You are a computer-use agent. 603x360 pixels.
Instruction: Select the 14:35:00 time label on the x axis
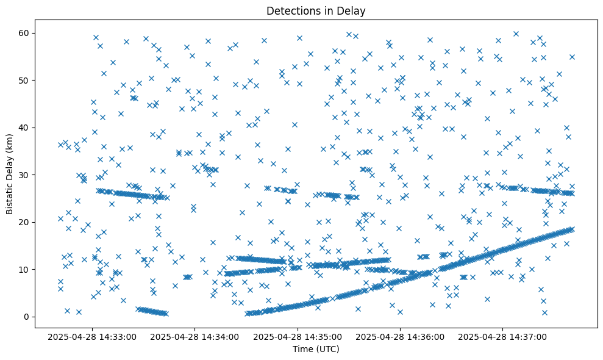point(299,336)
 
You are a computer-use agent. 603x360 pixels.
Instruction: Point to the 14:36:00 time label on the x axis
point(401,336)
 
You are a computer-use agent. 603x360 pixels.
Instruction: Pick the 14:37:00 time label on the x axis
point(504,336)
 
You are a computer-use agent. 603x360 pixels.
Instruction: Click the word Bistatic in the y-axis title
point(10,190)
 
